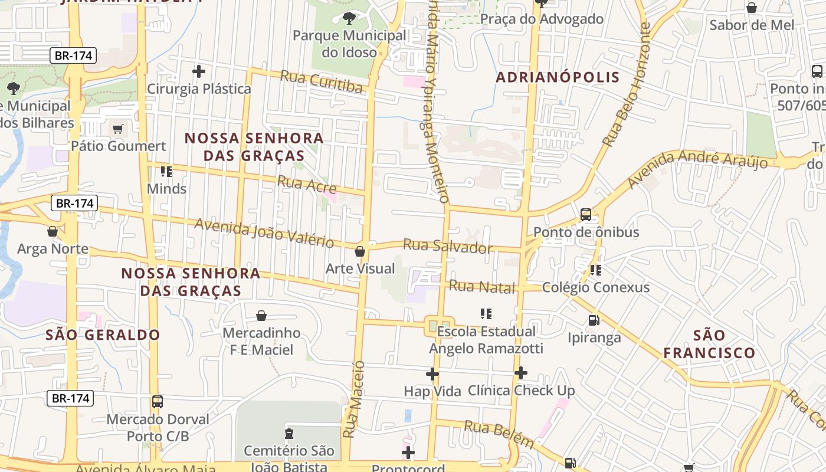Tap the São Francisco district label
[x=709, y=345]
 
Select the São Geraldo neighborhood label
[x=103, y=335]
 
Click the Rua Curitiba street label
[x=321, y=81]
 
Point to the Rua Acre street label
[x=307, y=185]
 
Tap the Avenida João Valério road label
[x=264, y=232]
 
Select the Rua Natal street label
[x=482, y=287]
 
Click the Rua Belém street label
[x=499, y=434]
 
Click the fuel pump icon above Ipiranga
[x=594, y=320]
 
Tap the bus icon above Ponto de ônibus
[x=586, y=215]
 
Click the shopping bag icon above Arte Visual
[x=360, y=251]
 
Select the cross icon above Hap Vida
[x=432, y=373]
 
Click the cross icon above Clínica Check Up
[x=521, y=372]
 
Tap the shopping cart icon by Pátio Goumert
[x=118, y=129]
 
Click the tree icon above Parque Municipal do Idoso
[x=349, y=18]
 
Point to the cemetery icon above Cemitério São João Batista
[x=289, y=434]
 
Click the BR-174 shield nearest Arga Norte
[x=74, y=204]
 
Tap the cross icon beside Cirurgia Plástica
[x=199, y=71]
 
